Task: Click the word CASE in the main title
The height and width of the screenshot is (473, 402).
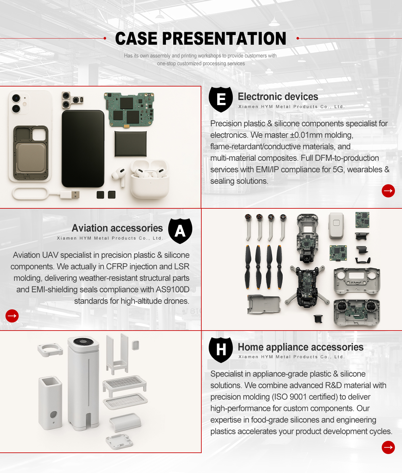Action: tap(136, 38)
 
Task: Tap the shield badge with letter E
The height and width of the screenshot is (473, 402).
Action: tap(221, 99)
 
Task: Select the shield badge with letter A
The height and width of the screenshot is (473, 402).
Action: tap(180, 231)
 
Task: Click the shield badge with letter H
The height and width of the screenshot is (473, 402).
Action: tap(221, 350)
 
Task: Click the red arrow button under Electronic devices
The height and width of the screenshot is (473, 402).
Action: tap(388, 191)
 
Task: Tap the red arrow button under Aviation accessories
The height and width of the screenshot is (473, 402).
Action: tap(12, 316)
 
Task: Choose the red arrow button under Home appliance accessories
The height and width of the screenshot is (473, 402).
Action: tap(388, 447)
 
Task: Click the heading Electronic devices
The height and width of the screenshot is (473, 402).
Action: tap(278, 96)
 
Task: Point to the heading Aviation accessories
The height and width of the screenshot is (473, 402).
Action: tap(117, 228)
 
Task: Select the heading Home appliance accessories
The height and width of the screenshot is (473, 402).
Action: tap(301, 347)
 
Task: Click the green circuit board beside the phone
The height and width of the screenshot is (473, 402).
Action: tap(129, 109)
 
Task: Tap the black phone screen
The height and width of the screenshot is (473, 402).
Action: tap(83, 149)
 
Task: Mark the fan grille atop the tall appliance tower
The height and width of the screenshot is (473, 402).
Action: tap(83, 342)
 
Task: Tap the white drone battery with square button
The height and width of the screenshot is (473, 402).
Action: tap(336, 225)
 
